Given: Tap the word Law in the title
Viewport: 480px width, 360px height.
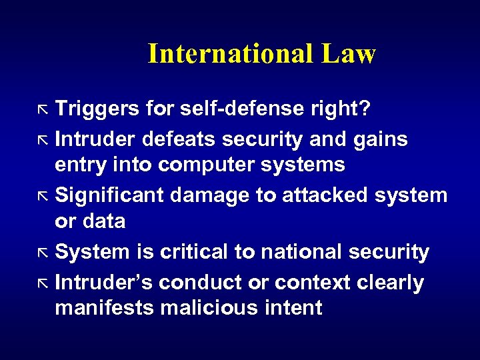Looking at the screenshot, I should coord(348,54).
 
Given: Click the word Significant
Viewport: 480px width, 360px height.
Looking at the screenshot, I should coord(110,195).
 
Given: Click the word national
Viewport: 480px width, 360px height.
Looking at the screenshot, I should coord(298,252).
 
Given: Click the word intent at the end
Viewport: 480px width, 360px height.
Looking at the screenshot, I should coord(297,308).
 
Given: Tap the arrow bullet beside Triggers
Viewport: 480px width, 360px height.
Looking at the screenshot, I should coord(45,109).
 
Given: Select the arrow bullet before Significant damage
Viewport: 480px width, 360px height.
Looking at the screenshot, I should coord(45,196).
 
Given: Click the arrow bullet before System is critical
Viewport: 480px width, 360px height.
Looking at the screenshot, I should coord(45,253).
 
